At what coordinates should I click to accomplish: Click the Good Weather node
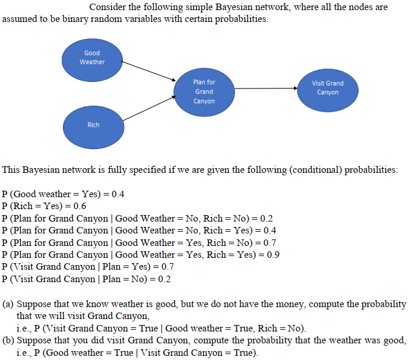tap(92, 58)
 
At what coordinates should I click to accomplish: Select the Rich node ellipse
tap(93, 125)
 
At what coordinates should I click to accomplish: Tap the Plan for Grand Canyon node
tap(204, 91)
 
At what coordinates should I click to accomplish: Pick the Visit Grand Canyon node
tap(327, 88)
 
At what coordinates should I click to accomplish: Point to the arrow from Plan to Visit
tap(266, 89)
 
